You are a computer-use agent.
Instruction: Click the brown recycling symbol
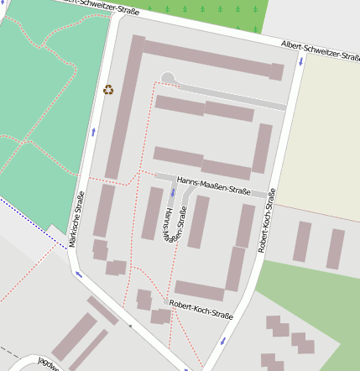tap(108, 89)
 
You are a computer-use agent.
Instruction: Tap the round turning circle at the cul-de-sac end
tap(168, 78)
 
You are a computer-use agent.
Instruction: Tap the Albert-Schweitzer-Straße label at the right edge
tap(320, 48)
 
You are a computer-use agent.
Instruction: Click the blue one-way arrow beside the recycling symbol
tap(93, 133)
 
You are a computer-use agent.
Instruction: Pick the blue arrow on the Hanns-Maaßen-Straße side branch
tap(174, 193)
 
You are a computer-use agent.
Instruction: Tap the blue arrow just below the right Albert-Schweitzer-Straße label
tap(300, 61)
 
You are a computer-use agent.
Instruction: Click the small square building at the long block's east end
tap(276, 71)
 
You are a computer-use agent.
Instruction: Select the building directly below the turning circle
tap(179, 105)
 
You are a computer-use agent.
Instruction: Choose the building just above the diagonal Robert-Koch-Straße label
tap(200, 290)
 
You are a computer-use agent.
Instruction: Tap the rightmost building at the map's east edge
tap(336, 248)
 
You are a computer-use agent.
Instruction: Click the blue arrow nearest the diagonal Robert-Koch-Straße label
tap(223, 340)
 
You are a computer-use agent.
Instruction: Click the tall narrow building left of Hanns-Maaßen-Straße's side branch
tap(152, 213)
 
